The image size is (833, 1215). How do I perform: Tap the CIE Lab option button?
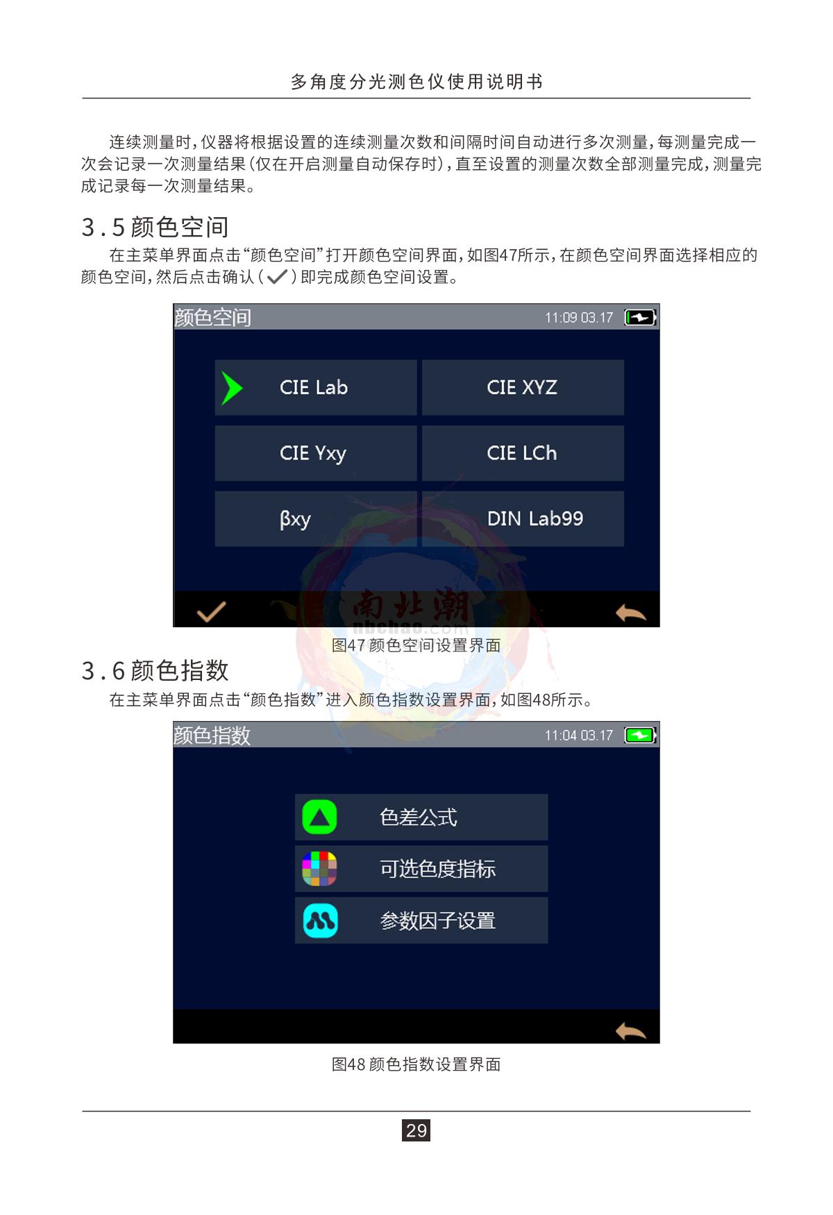click(x=316, y=387)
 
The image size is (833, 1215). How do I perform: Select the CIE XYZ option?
click(x=523, y=387)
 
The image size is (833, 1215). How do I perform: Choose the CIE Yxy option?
click(x=316, y=453)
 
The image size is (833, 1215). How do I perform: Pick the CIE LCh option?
click(x=523, y=453)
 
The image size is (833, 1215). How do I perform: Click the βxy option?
click(x=316, y=519)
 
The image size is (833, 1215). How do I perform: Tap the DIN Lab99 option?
click(x=523, y=519)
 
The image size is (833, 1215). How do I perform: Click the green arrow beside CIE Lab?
click(x=231, y=388)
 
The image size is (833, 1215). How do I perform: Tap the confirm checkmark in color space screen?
click(x=212, y=611)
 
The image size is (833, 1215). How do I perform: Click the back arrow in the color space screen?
click(x=630, y=613)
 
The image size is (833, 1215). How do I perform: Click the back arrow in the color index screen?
click(x=630, y=1031)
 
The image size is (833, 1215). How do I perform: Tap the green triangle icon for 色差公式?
click(x=319, y=817)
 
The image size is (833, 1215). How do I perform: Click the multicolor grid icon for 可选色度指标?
click(x=319, y=869)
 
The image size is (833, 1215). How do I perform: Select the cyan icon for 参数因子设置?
click(x=320, y=921)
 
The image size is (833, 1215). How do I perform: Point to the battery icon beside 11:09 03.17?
click(x=640, y=317)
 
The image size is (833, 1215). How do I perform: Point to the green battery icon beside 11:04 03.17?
click(x=640, y=735)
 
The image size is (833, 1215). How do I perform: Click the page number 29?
click(x=416, y=1130)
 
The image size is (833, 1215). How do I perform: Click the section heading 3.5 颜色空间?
click(x=155, y=227)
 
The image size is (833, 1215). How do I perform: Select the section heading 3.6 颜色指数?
click(x=155, y=670)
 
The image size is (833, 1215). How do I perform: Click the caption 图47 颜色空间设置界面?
click(x=416, y=645)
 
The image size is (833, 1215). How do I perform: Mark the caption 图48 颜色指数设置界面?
click(x=416, y=1064)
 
